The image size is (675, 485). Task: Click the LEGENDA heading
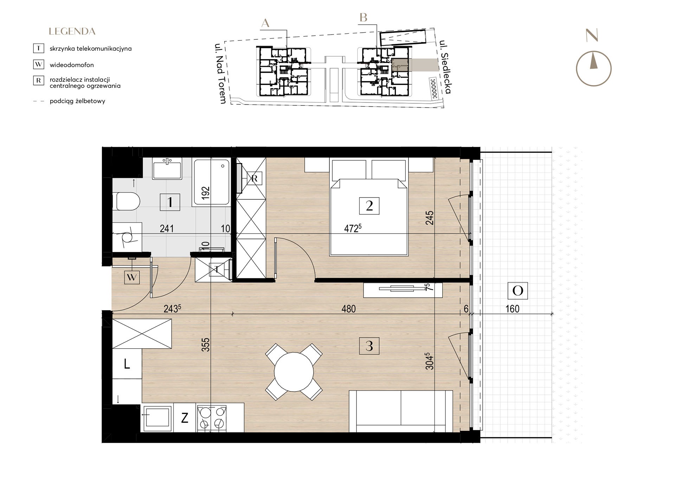(72, 32)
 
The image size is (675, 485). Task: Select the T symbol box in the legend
(39, 48)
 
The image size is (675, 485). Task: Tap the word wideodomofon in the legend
(72, 65)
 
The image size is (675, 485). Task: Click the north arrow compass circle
(594, 69)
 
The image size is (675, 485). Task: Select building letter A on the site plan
(265, 23)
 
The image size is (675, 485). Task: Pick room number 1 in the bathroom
(170, 202)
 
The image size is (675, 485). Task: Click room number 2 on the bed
(369, 206)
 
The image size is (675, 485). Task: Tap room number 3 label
(369, 346)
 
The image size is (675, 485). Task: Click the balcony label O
(518, 291)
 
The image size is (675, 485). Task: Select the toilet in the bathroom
(126, 201)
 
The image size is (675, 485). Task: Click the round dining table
(294, 372)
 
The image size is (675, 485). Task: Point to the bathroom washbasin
(167, 168)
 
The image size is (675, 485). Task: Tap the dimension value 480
(348, 309)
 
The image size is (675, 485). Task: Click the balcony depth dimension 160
(512, 309)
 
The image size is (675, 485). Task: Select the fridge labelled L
(127, 364)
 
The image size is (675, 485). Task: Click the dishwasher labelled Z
(185, 418)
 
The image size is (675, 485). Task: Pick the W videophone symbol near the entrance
(132, 278)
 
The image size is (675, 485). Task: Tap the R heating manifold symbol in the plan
(254, 179)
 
